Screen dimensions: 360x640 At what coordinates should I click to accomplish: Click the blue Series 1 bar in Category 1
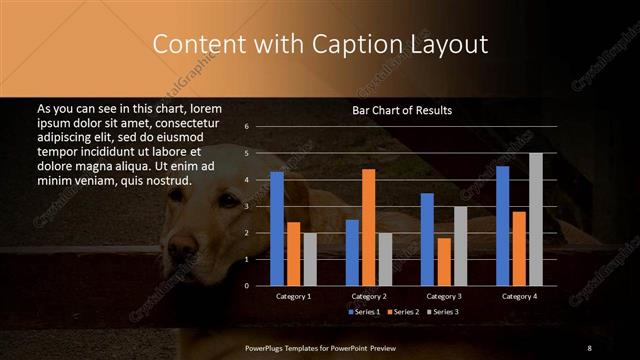277,229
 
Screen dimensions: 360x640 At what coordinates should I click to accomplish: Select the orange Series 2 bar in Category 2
368,227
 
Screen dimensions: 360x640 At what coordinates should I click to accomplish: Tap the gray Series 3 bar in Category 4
536,219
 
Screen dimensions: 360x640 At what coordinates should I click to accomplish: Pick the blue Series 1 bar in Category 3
427,239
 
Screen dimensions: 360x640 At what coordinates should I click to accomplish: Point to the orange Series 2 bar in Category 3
444,262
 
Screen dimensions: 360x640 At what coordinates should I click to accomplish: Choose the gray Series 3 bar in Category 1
310,259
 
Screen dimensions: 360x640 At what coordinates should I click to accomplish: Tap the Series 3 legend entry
442,313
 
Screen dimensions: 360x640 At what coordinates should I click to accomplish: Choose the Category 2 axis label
369,297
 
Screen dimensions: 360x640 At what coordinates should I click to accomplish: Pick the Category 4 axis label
519,297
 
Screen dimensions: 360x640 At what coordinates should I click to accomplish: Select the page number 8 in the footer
590,347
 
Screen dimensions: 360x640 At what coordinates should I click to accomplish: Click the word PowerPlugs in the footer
268,347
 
